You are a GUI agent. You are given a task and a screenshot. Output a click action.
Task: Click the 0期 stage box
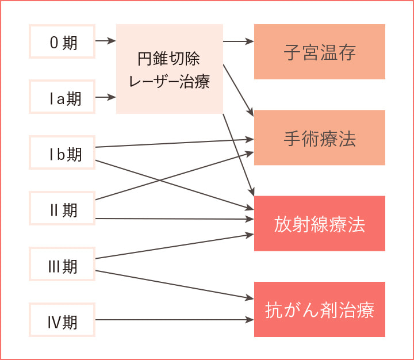[62, 41]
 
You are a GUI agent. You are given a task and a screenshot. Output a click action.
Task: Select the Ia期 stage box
[62, 97]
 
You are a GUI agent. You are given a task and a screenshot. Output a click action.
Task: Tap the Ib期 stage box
[62, 153]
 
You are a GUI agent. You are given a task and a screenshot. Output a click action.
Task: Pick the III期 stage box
[62, 265]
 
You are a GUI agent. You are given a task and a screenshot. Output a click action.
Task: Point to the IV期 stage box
[62, 320]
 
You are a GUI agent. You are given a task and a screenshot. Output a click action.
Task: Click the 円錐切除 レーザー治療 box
[170, 69]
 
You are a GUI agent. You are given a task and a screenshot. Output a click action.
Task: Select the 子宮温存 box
[320, 52]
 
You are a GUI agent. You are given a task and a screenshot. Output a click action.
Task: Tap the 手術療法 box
[320, 138]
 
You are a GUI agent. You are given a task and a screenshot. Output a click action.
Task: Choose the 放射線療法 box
[320, 224]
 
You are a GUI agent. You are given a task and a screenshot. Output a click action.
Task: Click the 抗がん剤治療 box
[320, 309]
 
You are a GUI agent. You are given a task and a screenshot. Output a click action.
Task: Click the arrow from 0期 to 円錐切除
[106, 41]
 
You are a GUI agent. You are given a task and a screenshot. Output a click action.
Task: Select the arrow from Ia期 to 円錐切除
[106, 97]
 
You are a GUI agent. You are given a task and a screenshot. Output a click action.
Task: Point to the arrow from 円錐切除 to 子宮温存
[238, 41]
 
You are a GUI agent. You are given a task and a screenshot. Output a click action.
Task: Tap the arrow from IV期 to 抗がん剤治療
[172, 320]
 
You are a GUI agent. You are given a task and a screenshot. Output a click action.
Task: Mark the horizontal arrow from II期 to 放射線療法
[172, 219]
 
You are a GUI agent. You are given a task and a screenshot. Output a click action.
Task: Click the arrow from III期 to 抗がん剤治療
[172, 284]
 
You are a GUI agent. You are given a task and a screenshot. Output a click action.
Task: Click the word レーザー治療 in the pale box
[170, 81]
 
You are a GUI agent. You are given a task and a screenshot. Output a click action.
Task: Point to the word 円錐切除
[168, 59]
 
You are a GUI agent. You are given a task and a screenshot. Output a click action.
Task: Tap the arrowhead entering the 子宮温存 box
[250, 41]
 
